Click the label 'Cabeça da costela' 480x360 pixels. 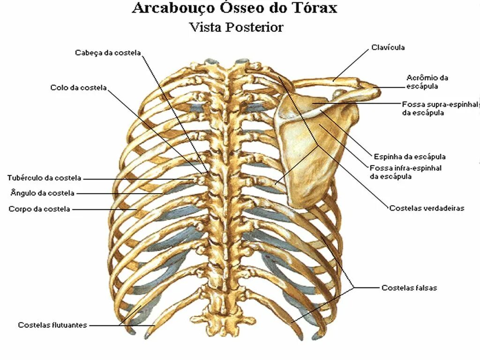click(x=108, y=52)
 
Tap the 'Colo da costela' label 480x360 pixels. click(x=79, y=88)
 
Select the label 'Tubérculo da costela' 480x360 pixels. click(x=45, y=178)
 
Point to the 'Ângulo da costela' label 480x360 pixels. click(x=42, y=193)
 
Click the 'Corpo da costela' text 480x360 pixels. click(x=39, y=209)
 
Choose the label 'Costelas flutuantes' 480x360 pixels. click(x=52, y=325)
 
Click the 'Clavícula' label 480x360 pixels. click(x=388, y=47)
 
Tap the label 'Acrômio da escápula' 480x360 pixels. click(x=427, y=82)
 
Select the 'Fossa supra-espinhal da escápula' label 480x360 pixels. click(x=440, y=108)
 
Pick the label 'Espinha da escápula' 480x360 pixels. click(x=410, y=157)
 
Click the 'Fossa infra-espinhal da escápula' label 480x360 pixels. click(x=405, y=172)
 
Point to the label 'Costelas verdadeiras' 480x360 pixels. click(x=427, y=208)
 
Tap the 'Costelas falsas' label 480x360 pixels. click(x=409, y=288)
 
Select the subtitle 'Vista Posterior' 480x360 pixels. click(x=236, y=27)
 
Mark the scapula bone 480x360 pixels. click(x=314, y=150)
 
